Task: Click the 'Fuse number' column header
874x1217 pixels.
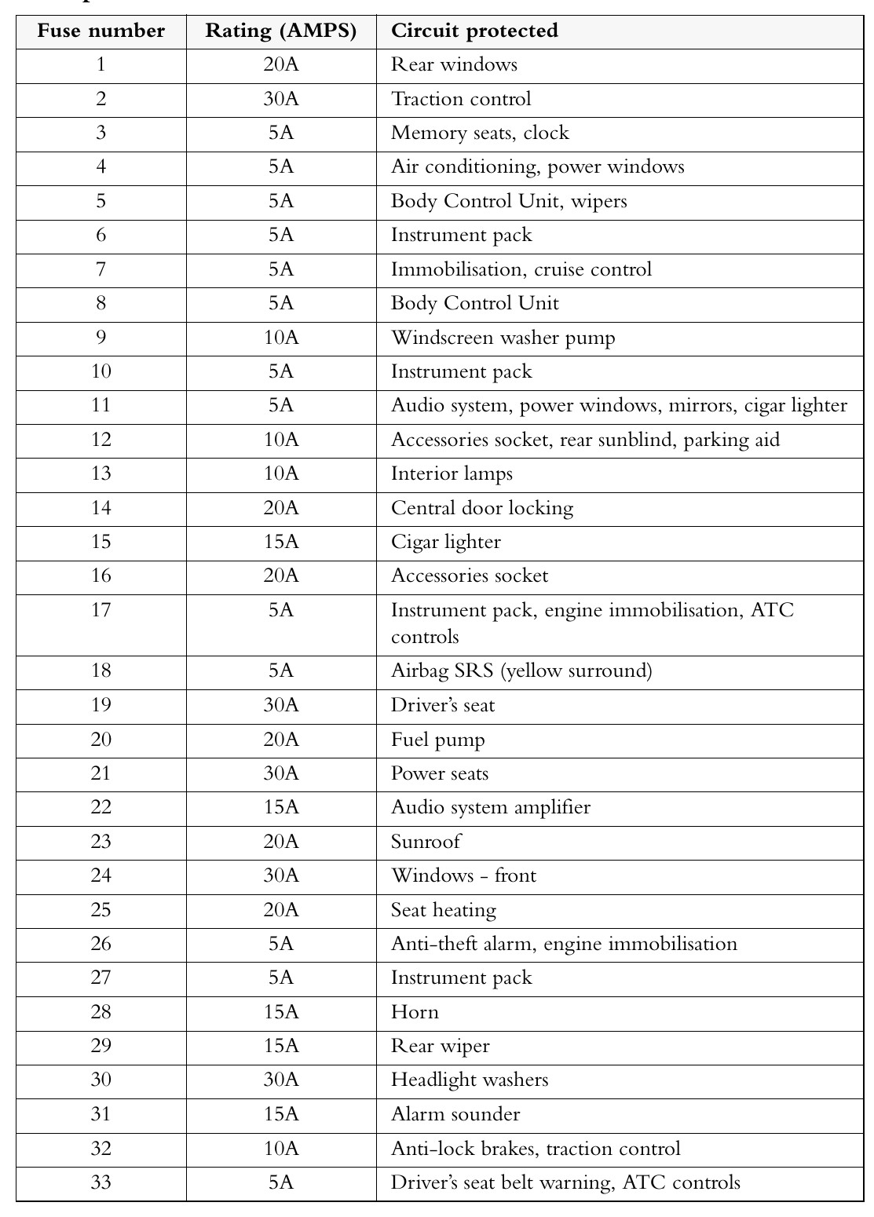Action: (x=101, y=31)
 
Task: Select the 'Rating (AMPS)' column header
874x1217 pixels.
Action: (x=281, y=31)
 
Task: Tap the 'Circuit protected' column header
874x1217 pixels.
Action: (x=474, y=31)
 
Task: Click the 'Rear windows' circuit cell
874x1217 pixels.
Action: (x=454, y=65)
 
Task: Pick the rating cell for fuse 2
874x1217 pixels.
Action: (x=281, y=99)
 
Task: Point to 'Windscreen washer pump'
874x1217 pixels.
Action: (x=503, y=338)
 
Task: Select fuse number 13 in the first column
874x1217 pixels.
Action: (x=101, y=473)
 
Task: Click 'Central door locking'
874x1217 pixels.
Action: (x=482, y=508)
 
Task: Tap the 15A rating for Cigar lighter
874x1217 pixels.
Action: (x=281, y=542)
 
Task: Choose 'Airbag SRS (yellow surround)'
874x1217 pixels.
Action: (x=521, y=671)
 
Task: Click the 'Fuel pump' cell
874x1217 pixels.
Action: (x=438, y=740)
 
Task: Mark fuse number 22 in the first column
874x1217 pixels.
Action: (x=101, y=807)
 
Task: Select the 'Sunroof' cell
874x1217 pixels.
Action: (x=426, y=842)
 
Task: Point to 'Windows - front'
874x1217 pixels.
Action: (x=463, y=875)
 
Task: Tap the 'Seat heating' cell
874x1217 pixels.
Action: (x=444, y=910)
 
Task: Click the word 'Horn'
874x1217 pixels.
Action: (x=415, y=1012)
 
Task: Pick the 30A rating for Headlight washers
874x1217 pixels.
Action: (x=281, y=1080)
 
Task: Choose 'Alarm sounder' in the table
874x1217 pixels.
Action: (x=455, y=1114)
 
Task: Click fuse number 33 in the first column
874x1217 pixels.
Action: (x=101, y=1182)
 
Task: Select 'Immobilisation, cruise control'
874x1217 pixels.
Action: (x=521, y=269)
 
